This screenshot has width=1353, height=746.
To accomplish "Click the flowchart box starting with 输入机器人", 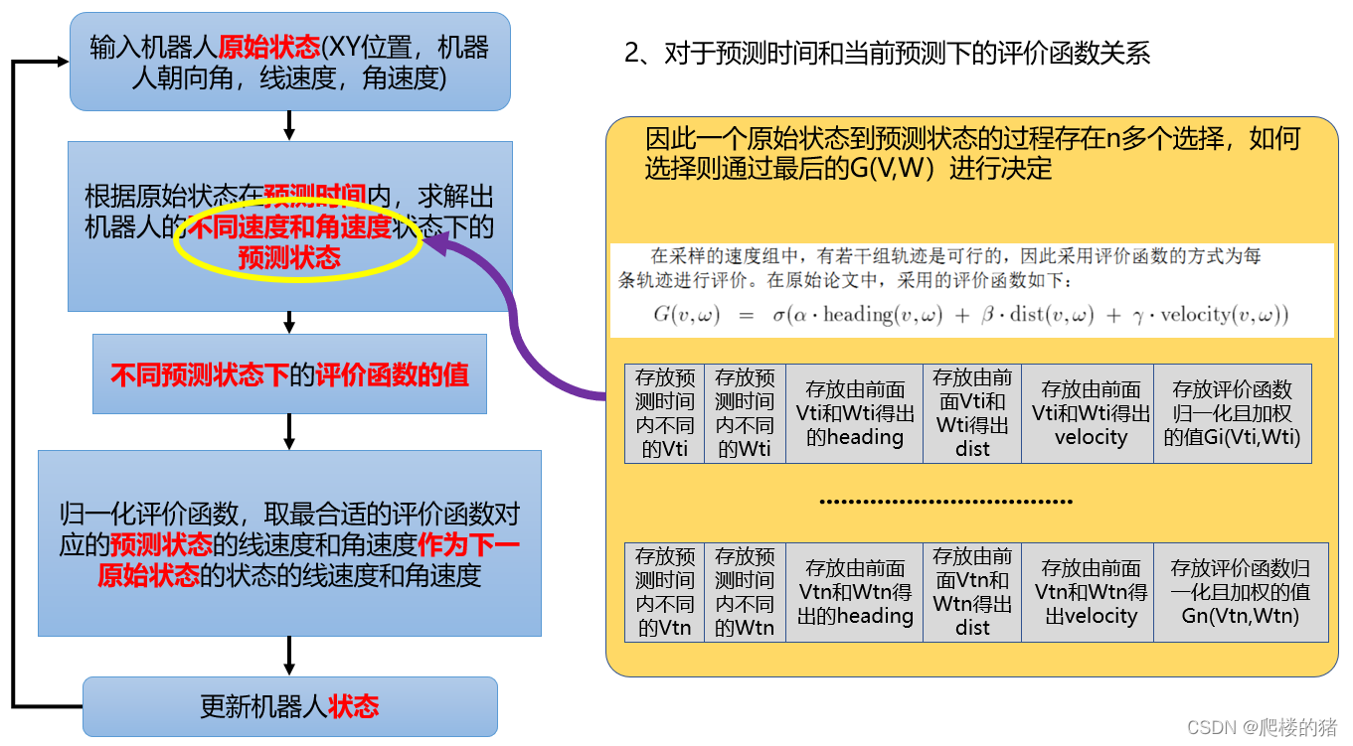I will (289, 62).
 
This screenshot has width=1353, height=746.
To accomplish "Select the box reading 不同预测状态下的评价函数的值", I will (289, 374).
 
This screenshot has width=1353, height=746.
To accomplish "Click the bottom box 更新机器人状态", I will (289, 706).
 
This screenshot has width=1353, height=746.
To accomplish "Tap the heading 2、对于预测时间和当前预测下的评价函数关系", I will (887, 53).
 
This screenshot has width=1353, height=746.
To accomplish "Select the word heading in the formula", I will (858, 316).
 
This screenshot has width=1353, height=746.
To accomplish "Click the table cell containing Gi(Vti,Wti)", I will (1232, 413).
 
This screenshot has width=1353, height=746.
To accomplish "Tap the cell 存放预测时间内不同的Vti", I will (664, 413).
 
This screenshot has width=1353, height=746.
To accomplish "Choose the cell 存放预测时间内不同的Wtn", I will (745, 592).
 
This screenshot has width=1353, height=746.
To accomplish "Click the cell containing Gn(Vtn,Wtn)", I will (1240, 592).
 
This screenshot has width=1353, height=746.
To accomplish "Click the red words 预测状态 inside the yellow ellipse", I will (289, 258).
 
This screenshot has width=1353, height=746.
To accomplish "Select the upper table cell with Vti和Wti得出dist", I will (972, 413).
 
